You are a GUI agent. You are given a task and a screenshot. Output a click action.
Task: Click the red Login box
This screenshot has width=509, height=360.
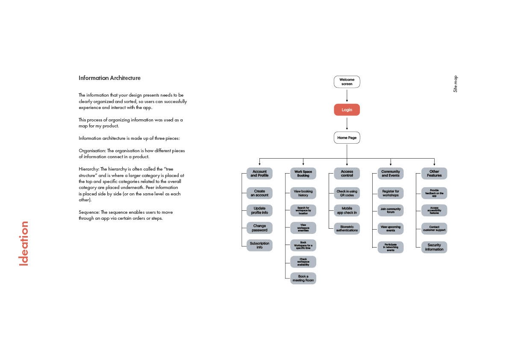tap(347, 110)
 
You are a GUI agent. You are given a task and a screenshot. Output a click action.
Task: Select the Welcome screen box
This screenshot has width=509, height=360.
tap(347, 82)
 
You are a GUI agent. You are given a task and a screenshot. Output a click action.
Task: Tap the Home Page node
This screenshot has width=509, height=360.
tap(347, 138)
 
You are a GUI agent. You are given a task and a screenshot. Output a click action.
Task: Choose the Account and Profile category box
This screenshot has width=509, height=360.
tap(259, 174)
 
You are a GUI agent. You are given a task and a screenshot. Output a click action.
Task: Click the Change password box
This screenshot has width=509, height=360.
tap(259, 228)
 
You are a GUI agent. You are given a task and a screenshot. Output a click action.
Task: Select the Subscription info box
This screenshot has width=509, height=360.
tap(259, 245)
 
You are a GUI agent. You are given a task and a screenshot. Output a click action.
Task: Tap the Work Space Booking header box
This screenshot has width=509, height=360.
tap(303, 174)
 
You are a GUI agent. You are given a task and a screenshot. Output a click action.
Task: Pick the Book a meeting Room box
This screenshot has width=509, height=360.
tap(303, 278)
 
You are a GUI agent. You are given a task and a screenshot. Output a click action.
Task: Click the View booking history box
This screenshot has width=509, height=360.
tap(303, 193)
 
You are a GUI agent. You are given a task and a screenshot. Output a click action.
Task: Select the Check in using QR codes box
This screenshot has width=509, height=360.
tap(347, 193)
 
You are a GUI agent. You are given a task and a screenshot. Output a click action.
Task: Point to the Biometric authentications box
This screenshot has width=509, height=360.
tap(347, 228)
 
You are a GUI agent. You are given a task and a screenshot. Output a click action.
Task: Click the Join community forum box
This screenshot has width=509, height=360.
tap(391, 210)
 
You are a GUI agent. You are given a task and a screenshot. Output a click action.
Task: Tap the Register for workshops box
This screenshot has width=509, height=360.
tap(391, 193)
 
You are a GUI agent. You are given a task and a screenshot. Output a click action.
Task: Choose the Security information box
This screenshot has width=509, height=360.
tap(434, 247)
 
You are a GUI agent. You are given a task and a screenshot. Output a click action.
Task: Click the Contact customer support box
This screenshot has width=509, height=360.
tap(434, 228)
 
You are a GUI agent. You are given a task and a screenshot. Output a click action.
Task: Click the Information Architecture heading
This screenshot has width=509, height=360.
tap(109, 78)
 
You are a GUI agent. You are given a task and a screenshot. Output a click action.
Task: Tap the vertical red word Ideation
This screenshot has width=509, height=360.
tap(24, 243)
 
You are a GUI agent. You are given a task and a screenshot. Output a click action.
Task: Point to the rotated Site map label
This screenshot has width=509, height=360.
tap(456, 84)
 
